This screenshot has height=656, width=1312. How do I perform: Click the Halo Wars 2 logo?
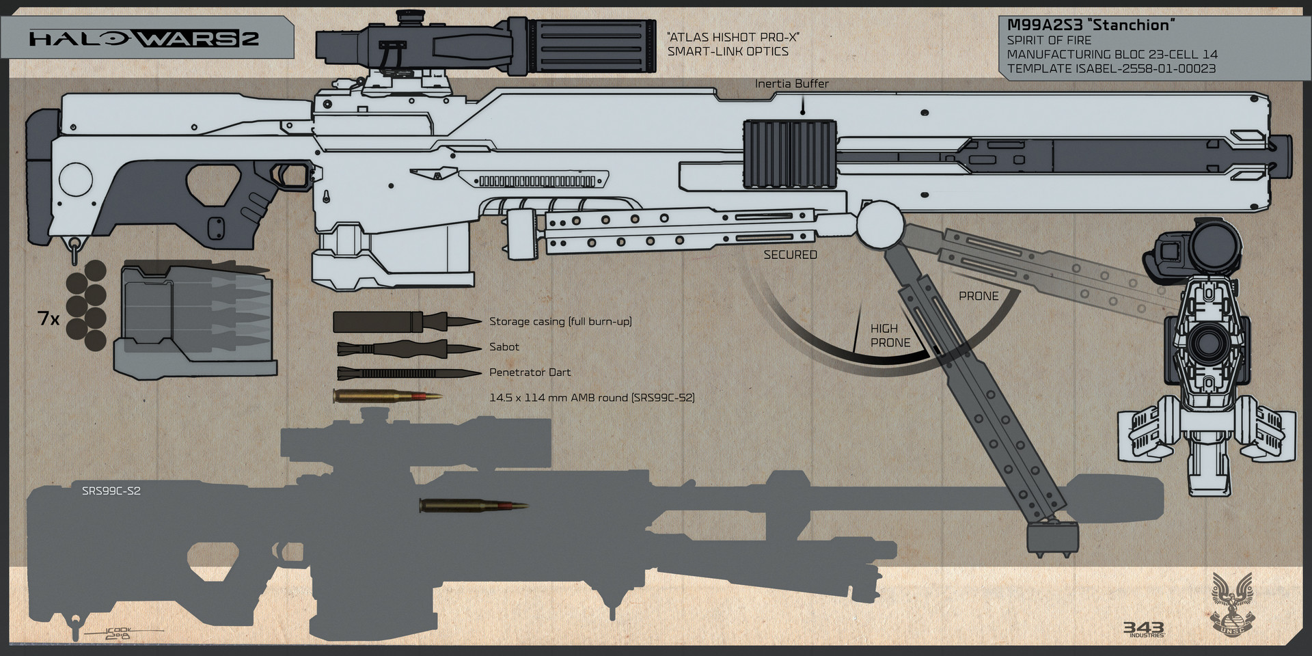(x=144, y=38)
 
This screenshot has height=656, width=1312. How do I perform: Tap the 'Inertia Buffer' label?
(x=791, y=84)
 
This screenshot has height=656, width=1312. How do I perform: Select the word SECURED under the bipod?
(x=790, y=255)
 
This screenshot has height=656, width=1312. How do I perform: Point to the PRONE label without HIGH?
(x=979, y=296)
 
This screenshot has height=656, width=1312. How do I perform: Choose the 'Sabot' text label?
(x=504, y=347)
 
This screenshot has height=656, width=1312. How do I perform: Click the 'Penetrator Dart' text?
(x=530, y=372)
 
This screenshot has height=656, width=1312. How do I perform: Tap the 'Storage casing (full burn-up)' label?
(x=560, y=321)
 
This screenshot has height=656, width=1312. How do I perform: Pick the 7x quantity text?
(x=49, y=318)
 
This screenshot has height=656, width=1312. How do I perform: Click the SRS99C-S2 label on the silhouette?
(x=111, y=491)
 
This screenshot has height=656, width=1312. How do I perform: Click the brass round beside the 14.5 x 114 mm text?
(x=387, y=397)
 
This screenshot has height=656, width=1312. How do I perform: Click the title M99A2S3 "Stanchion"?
(x=1091, y=25)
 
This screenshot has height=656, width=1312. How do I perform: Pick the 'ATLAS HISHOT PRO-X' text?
(x=733, y=37)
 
